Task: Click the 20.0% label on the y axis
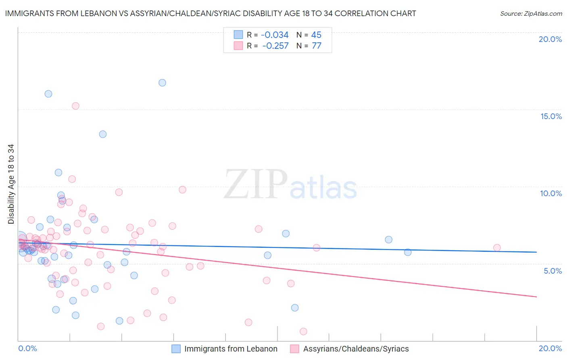click(x=550, y=39)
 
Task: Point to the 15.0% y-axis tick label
click(x=551, y=116)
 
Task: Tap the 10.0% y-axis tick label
click(x=551, y=193)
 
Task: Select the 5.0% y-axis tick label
click(x=552, y=271)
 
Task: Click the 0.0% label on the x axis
click(x=27, y=348)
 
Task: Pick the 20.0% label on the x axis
click(x=550, y=348)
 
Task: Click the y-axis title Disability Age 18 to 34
click(x=11, y=184)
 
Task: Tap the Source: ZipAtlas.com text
click(x=531, y=13)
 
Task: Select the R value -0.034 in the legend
click(x=275, y=35)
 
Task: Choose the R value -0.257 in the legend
click(x=275, y=46)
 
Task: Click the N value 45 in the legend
click(x=316, y=35)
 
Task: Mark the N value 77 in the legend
click(x=316, y=46)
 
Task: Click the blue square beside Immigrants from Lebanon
click(x=176, y=349)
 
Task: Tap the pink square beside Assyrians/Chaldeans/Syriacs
click(x=294, y=349)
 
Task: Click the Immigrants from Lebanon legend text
click(x=231, y=349)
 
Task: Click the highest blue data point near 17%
click(x=162, y=83)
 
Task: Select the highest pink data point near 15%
click(x=75, y=106)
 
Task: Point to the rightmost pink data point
click(x=497, y=248)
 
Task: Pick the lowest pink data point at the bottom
click(x=303, y=331)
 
